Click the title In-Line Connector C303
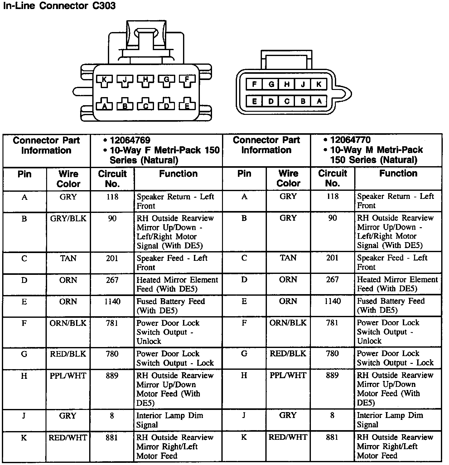point(59,6)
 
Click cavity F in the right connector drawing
point(254,84)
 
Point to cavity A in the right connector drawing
point(319,101)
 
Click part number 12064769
point(130,140)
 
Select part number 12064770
point(350,140)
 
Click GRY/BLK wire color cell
point(68,218)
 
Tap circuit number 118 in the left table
point(112,197)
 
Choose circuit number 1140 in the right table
point(332,301)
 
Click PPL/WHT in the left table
point(68,376)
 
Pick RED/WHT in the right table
point(288,437)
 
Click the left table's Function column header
point(178,174)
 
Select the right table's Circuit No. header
point(332,178)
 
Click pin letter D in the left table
point(24,280)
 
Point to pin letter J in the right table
point(244,415)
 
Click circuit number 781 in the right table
point(332,323)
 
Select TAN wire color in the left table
point(68,258)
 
